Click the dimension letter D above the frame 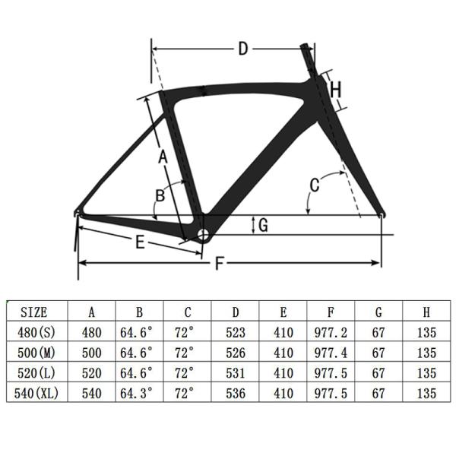242,49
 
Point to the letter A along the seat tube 162,157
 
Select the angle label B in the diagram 160,195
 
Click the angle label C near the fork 314,185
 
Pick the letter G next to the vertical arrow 263,225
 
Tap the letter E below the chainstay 140,243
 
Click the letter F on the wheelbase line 220,264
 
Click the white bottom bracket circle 204,234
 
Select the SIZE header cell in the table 33,312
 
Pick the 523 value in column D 236,332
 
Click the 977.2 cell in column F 331,332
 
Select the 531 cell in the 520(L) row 236,373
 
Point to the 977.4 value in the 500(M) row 331,353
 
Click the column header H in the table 426,312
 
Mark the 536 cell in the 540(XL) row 236,394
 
